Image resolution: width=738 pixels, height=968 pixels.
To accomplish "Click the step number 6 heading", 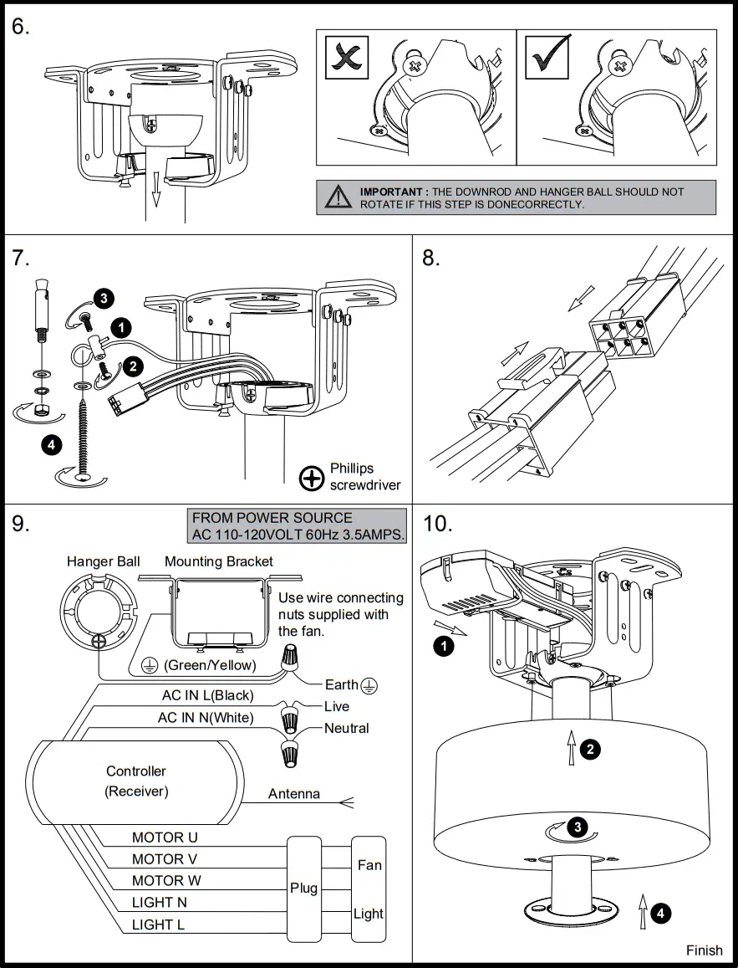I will click(21, 27).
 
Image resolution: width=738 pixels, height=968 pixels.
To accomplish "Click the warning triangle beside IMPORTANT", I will click(338, 197).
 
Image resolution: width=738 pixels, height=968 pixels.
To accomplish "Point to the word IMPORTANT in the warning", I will click(393, 192).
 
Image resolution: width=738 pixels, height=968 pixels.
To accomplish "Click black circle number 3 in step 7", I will click(102, 297).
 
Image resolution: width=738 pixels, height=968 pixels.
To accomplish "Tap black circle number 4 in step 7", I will click(52, 444).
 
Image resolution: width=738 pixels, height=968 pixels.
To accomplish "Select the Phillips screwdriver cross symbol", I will click(311, 478).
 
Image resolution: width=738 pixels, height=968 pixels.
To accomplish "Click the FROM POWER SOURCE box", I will click(299, 526).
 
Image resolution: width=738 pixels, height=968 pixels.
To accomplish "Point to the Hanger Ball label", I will click(104, 561).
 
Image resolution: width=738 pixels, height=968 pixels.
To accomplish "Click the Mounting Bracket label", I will click(219, 561).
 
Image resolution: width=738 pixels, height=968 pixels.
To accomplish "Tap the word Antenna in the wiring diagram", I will click(294, 793).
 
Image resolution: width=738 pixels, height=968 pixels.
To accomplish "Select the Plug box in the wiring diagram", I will click(304, 888).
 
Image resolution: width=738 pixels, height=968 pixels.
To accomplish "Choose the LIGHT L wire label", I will click(158, 924).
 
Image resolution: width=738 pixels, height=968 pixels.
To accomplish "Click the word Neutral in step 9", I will click(347, 728).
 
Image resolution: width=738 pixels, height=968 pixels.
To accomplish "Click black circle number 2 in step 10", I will click(590, 749).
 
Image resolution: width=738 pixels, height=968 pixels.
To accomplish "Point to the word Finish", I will click(704, 950).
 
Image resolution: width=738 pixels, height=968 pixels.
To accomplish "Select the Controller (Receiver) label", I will click(136, 781).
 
